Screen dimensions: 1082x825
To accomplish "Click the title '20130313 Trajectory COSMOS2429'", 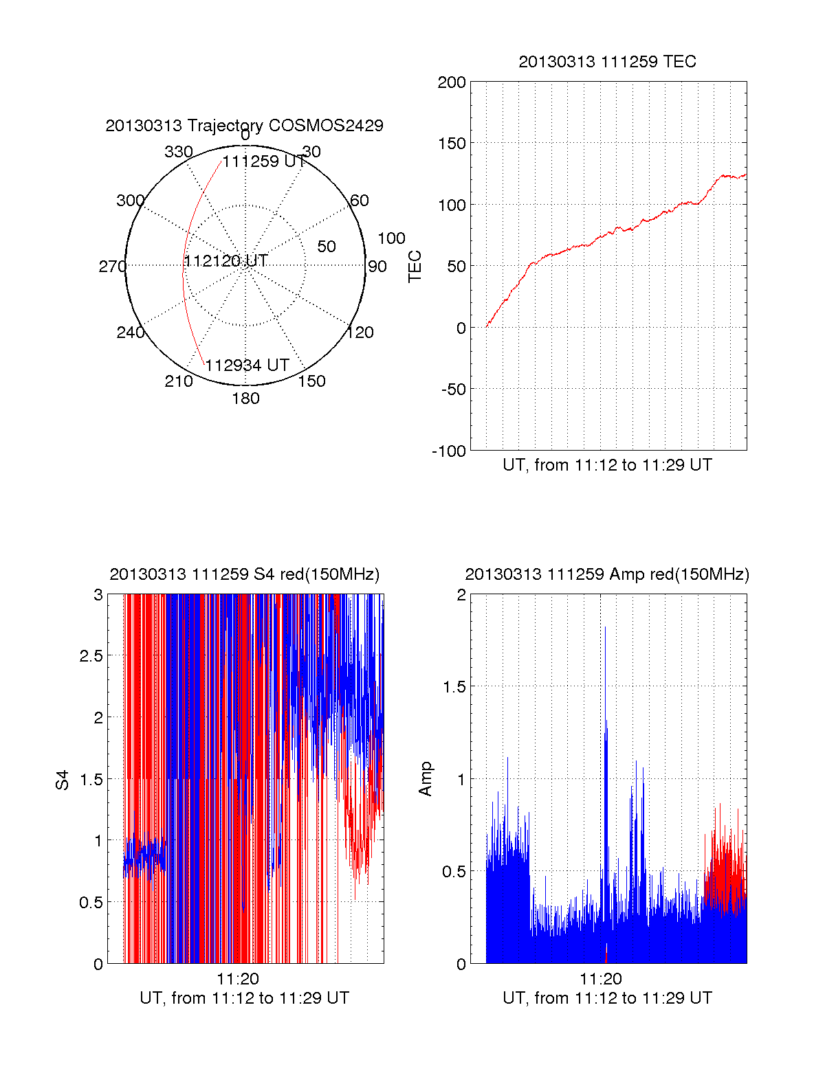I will click(244, 126).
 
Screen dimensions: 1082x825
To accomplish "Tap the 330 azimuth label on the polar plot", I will click(178, 152).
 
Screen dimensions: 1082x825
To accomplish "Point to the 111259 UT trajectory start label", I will click(264, 161).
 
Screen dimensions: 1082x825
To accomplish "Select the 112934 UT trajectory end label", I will click(247, 365).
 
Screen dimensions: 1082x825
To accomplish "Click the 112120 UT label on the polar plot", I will click(225, 261).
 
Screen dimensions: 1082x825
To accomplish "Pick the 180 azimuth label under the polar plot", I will click(245, 398).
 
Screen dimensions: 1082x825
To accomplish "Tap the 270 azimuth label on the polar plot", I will click(112, 267).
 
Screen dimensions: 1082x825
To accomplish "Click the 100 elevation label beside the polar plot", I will click(391, 238).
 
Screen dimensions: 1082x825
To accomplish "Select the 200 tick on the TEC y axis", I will click(452, 83).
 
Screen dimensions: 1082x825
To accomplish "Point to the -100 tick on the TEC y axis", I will click(449, 451).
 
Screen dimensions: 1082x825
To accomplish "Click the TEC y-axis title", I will click(415, 267).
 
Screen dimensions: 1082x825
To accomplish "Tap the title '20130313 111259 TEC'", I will click(607, 62).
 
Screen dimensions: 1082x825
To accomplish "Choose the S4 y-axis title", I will click(63, 780).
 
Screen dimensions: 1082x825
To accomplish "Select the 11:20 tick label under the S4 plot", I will click(238, 979).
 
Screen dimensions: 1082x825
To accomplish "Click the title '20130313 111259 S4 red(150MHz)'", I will click(244, 574).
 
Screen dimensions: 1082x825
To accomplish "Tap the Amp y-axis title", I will click(426, 779).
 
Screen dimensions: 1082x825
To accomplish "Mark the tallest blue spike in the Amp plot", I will click(605, 629).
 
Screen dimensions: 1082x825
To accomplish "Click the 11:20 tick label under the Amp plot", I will click(600, 979).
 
